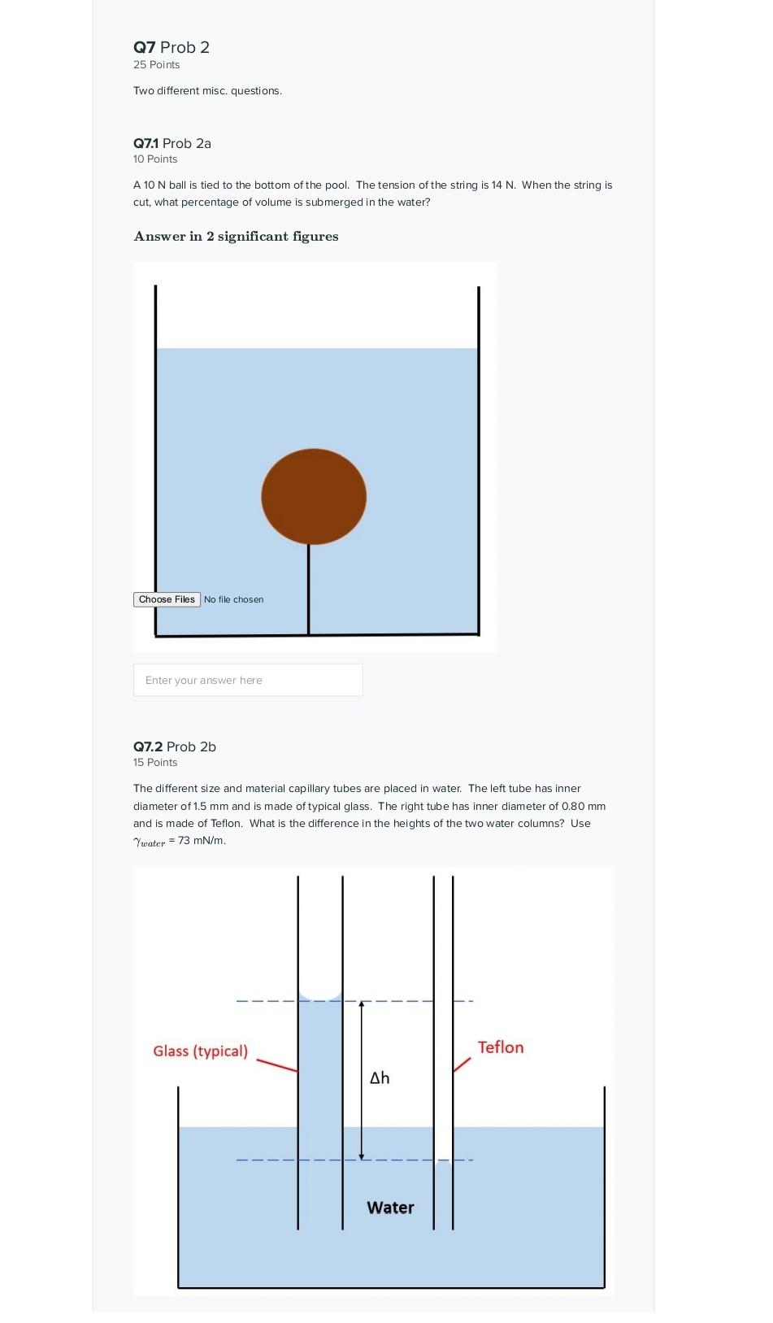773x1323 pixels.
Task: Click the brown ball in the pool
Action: [314, 496]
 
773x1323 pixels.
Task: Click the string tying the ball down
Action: [309, 589]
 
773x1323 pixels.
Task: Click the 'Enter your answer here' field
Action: [248, 680]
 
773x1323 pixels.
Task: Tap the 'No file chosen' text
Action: [233, 599]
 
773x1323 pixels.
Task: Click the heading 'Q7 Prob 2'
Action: [172, 47]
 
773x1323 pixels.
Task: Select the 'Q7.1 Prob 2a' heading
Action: [172, 143]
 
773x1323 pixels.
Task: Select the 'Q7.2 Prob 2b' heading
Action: [175, 746]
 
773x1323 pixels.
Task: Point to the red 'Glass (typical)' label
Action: [200, 1051]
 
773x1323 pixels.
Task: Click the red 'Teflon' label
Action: [500, 1047]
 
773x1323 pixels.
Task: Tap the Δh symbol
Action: [380, 1078]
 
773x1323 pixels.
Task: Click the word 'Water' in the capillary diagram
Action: [390, 1208]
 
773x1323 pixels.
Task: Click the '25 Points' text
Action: [157, 65]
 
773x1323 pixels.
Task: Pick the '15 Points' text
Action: [155, 763]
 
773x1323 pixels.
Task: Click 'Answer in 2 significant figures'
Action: [236, 237]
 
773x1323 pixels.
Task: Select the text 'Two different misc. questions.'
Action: [207, 91]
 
